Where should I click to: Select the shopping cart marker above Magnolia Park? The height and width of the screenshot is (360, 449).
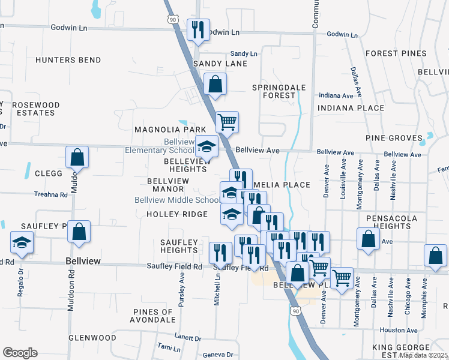tap(227, 122)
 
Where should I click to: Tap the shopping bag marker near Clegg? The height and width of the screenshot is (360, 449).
tap(77, 157)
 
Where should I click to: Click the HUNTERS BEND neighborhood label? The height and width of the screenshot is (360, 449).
tap(68, 60)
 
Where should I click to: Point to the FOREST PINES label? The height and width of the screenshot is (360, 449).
tap(396, 53)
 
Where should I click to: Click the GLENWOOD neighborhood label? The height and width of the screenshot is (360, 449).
tap(92, 338)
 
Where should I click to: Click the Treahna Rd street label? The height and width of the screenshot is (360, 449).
tap(50, 194)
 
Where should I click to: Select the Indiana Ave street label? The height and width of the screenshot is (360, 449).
tap(336, 95)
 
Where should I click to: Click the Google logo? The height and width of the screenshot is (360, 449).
tap(20, 353)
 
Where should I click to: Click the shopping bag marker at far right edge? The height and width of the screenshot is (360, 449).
tap(435, 254)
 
